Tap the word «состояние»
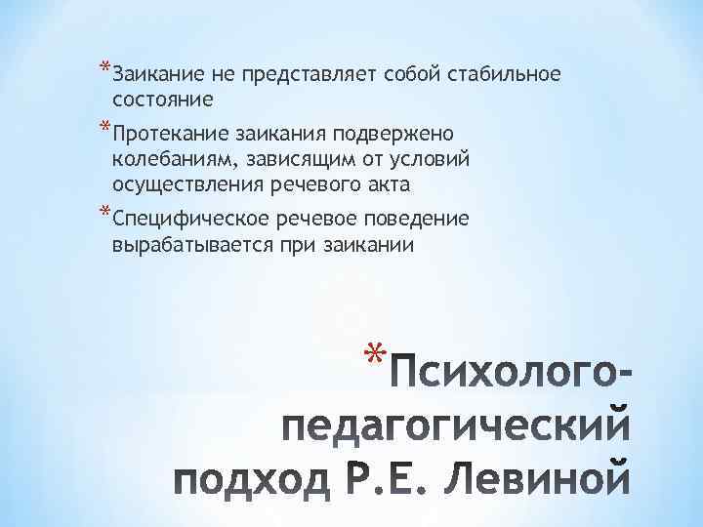coord(163,100)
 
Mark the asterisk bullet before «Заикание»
coord(104,69)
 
